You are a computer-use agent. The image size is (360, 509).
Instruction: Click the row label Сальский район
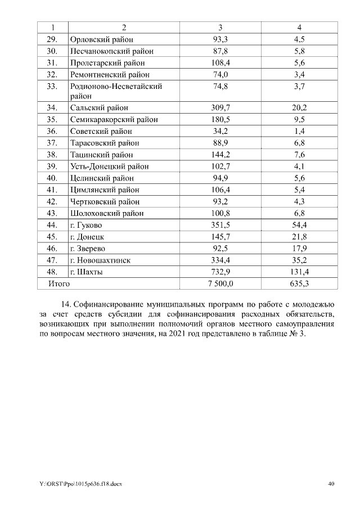click(99, 107)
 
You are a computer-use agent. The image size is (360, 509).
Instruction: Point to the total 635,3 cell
click(299, 284)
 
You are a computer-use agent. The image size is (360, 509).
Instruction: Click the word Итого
click(58, 284)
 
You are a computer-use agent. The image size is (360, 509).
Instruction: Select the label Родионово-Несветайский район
click(116, 91)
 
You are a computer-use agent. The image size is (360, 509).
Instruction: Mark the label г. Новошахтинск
click(100, 260)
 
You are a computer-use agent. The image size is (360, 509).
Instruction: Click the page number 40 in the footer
click(331, 484)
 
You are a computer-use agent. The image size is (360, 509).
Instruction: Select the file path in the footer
click(81, 484)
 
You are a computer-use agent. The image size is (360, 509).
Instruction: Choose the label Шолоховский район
click(107, 213)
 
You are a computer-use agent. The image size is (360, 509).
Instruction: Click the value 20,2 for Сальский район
click(299, 107)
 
